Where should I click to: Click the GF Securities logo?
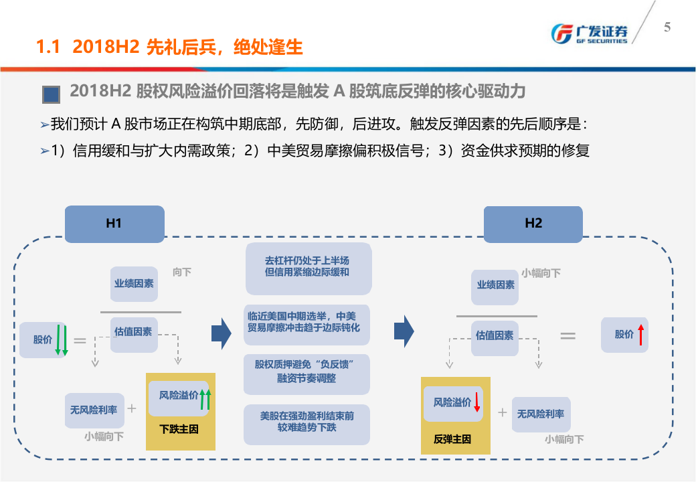pos(589,33)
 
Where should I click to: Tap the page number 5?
pos(667,27)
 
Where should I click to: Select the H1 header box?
pos(114,224)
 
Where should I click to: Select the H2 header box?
pos(533,224)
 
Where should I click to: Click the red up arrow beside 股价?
pos(640,334)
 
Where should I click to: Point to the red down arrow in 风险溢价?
pos(477,402)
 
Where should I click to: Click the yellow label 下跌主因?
pos(179,428)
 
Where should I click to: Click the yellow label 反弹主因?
pos(452,439)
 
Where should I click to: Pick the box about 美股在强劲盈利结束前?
pos(307,422)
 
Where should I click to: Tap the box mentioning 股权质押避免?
pos(307,371)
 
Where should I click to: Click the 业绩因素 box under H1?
pos(134,283)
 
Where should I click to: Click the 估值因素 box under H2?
pos(495,335)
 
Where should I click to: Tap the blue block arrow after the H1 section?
pos(221,330)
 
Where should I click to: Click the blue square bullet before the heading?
pos(51,94)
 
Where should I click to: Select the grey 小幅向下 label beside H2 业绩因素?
pos(541,273)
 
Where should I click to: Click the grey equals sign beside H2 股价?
pos(568,335)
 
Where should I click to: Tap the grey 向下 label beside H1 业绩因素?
pos(182,272)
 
